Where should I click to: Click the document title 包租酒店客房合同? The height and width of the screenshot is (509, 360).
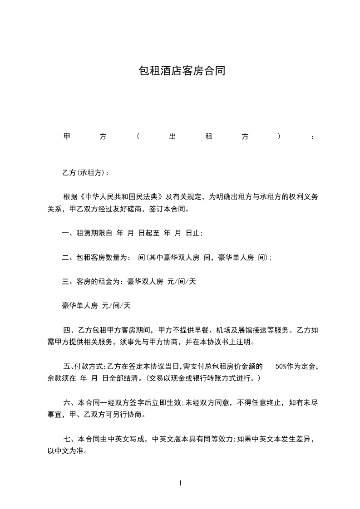(182, 71)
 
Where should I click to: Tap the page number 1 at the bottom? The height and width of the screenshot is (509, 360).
(180, 483)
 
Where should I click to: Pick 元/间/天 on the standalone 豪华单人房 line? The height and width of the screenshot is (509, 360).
(116, 306)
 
